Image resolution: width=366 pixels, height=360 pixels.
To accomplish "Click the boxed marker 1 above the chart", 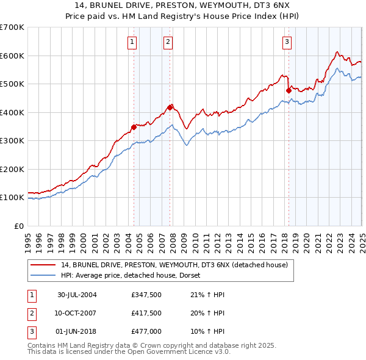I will coord(132,42).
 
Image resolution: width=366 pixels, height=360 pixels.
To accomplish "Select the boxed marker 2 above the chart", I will coord(168,42).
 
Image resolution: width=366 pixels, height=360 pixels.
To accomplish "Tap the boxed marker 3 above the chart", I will coord(287,42).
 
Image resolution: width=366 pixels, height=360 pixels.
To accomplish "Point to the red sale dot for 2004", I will coord(134,127).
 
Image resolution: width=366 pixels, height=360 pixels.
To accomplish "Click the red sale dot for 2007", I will coord(170,107).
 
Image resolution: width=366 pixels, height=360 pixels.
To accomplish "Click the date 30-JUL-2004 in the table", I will coord(77,295).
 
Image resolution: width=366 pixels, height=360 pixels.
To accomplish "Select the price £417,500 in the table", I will coord(146,314).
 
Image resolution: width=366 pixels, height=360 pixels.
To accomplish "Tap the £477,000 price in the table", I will coord(146,333).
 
